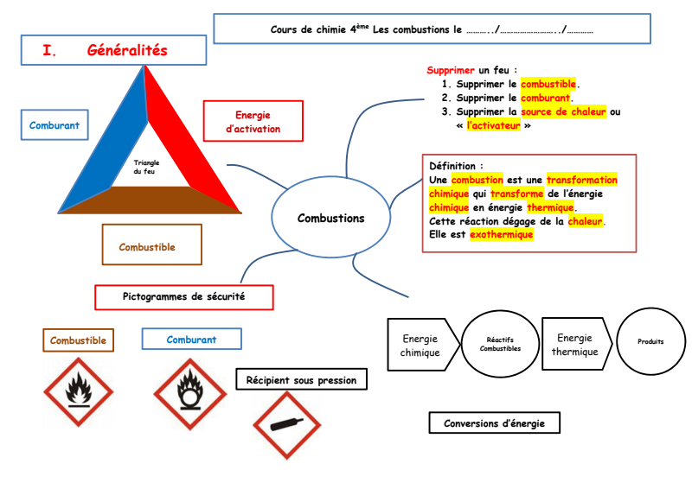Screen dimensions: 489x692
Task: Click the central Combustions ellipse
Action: tap(330, 218)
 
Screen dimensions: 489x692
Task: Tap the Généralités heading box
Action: tap(113, 51)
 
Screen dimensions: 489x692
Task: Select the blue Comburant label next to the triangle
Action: tap(54, 125)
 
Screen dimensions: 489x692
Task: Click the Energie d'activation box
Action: tap(253, 122)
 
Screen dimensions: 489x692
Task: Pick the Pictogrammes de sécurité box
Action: tap(183, 296)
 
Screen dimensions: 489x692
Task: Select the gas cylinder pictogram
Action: tap(288, 425)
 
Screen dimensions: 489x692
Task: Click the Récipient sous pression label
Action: tap(300, 379)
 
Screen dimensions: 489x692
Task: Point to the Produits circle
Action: tap(650, 341)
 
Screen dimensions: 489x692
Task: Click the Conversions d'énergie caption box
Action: tap(494, 422)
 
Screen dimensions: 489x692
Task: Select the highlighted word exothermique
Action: tap(502, 234)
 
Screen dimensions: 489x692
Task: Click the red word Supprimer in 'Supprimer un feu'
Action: tap(451, 70)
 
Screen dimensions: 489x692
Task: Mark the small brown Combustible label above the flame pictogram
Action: tap(78, 340)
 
